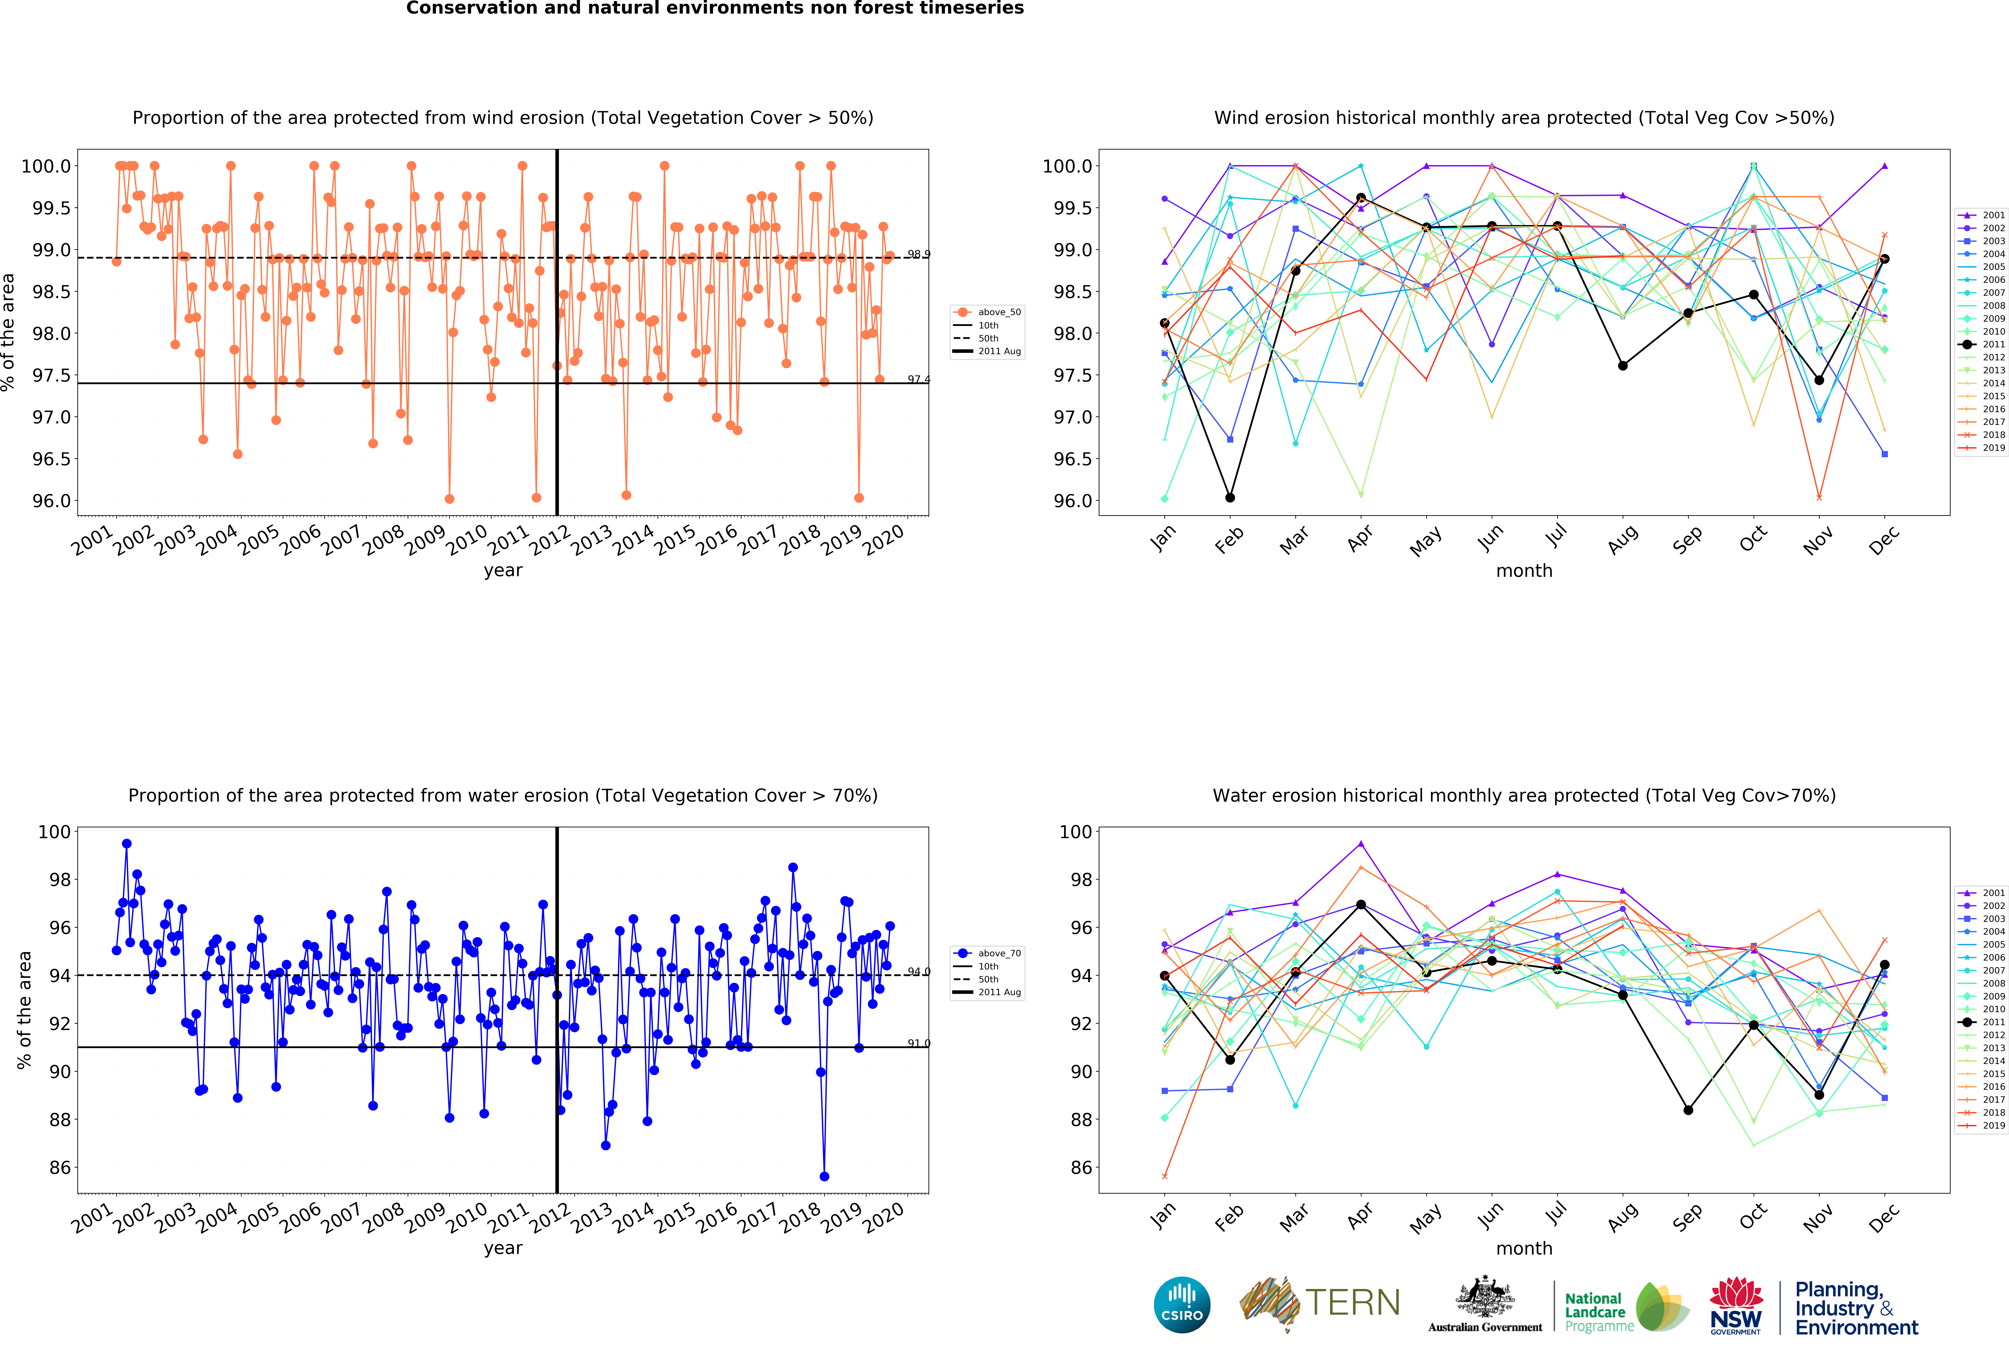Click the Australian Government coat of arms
coord(1484,1296)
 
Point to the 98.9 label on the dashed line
coord(918,254)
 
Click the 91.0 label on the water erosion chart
coord(918,1043)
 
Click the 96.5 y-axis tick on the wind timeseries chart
coord(52,459)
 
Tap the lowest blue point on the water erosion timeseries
coord(824,1176)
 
